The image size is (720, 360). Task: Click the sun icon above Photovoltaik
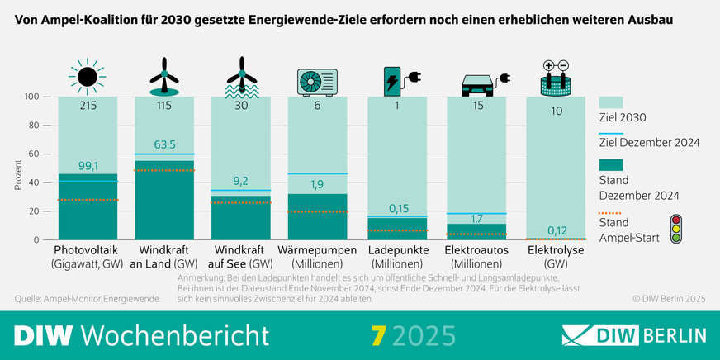[88, 77]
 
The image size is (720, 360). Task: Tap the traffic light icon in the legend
[676, 229]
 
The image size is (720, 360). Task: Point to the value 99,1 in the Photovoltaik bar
[88, 165]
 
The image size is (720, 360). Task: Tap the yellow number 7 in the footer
[379, 335]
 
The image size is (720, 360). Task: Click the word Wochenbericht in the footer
[176, 335]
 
